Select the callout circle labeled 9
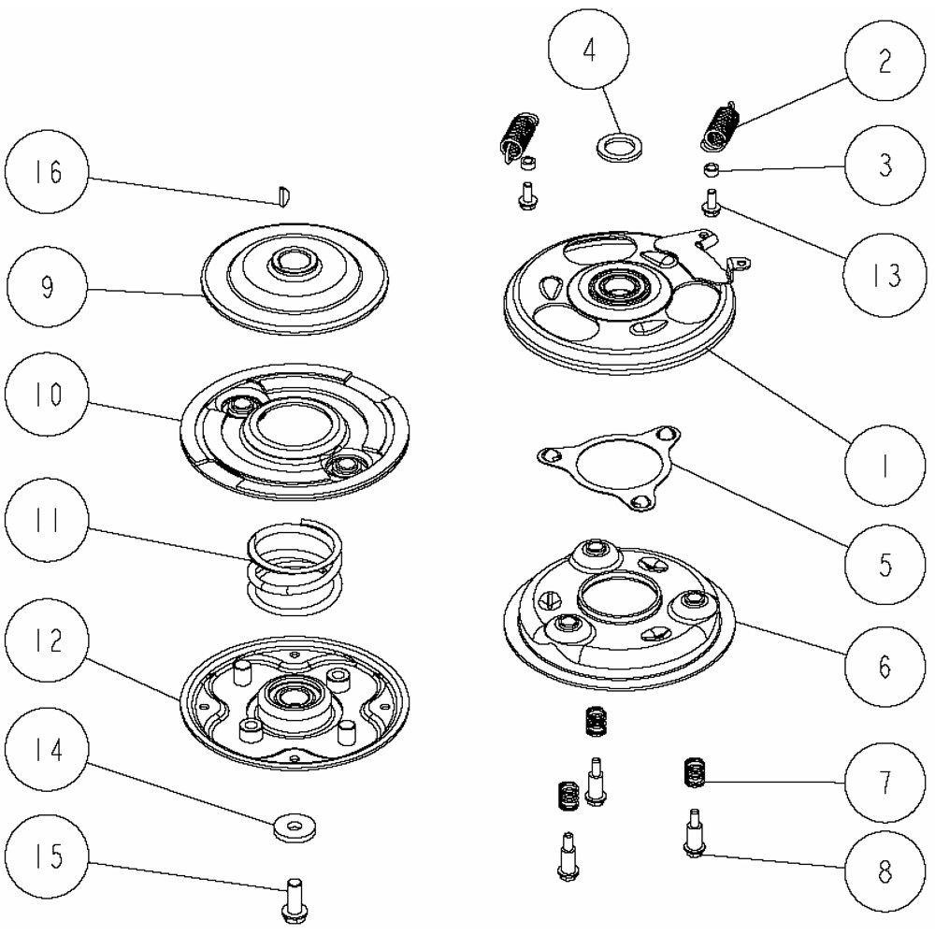(47, 285)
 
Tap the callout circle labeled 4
(589, 51)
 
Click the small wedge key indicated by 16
(285, 194)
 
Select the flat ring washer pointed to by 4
(616, 148)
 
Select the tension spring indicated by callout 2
(722, 126)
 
